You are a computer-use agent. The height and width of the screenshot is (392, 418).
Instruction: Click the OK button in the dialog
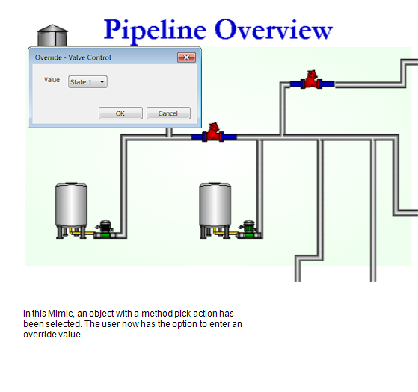click(120, 113)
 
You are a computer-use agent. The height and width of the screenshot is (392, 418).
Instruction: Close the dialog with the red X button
click(187, 57)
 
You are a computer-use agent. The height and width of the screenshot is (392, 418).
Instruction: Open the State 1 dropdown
click(87, 82)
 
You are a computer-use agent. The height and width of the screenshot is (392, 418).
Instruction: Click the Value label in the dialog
click(52, 80)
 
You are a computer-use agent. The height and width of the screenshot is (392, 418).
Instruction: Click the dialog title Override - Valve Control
click(73, 57)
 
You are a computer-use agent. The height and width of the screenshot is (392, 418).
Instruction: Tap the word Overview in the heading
click(274, 30)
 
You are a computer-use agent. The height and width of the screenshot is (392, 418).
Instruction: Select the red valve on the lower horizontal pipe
click(215, 134)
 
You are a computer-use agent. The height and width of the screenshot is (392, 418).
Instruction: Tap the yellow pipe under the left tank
click(82, 235)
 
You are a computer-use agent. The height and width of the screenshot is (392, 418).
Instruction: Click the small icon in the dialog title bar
click(31, 57)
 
